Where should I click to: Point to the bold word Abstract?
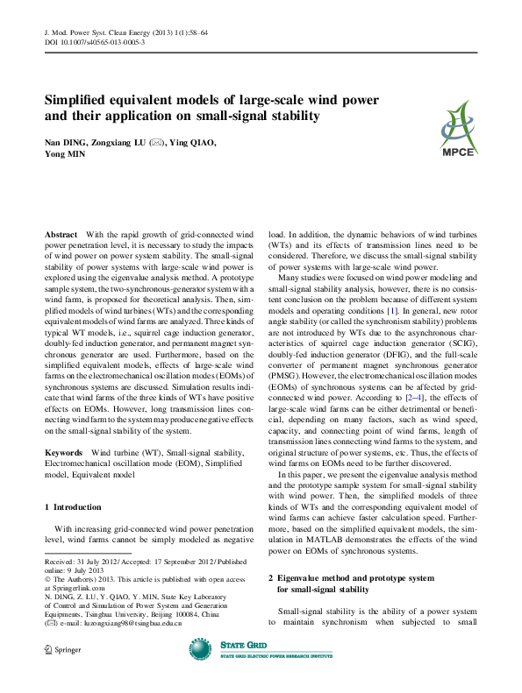[61, 237]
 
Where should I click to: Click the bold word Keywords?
[65, 453]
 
